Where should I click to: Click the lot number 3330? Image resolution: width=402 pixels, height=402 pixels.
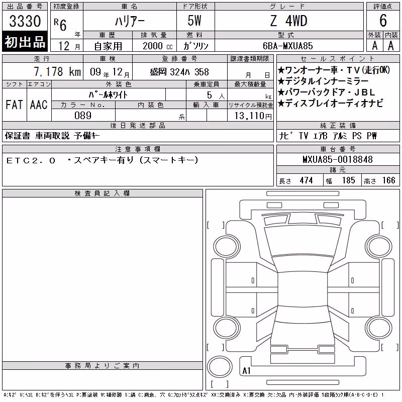click(x=25, y=21)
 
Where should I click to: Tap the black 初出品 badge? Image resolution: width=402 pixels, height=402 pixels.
click(x=25, y=42)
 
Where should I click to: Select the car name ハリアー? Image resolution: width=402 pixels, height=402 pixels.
click(x=130, y=21)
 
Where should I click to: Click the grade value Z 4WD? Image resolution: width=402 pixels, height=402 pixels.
click(x=288, y=21)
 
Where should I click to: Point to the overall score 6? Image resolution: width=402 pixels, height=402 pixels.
click(x=383, y=21)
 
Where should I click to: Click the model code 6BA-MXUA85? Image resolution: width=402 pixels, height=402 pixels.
click(x=287, y=46)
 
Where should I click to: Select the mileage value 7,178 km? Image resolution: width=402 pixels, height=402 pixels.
click(x=57, y=72)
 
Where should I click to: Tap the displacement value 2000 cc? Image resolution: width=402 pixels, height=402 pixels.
click(x=158, y=46)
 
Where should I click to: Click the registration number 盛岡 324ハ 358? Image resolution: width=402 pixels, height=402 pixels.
click(x=179, y=72)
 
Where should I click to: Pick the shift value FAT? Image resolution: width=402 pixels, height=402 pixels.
click(x=15, y=105)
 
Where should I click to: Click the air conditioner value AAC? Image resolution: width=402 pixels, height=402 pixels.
click(x=39, y=105)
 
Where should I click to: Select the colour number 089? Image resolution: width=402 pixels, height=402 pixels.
click(x=83, y=116)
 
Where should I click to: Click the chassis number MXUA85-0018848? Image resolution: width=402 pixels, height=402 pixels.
click(x=338, y=159)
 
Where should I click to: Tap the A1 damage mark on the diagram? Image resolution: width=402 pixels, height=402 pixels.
click(x=246, y=371)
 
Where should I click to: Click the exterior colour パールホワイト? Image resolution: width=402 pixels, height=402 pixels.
click(x=108, y=95)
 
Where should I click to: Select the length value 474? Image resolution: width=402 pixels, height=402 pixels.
click(x=307, y=180)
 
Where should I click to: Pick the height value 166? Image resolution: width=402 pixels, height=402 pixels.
click(x=389, y=180)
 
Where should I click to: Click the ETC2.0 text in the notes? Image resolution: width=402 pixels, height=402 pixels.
click(x=31, y=161)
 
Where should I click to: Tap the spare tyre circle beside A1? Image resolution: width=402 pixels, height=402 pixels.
click(x=220, y=366)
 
